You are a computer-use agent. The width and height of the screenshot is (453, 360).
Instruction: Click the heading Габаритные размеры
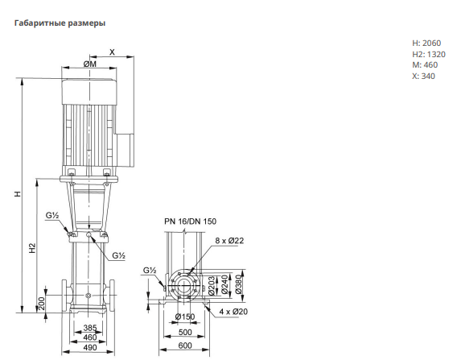pos(60,23)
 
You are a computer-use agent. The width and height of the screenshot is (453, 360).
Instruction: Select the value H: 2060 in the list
pos(426,43)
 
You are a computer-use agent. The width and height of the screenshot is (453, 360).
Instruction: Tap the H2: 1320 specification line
pos(429,54)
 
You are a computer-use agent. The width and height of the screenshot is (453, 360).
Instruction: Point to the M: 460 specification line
pos(425,64)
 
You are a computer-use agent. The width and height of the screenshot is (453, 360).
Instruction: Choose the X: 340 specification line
pos(423,76)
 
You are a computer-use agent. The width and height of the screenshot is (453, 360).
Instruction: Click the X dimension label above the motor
pos(112,52)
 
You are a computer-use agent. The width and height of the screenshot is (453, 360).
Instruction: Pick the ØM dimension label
pos(90,64)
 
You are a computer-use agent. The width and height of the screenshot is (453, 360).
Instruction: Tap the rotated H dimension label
pos(18,194)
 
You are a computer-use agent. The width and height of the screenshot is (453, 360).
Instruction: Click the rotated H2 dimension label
pos(32,248)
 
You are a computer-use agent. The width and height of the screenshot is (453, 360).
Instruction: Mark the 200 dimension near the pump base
pos(42,304)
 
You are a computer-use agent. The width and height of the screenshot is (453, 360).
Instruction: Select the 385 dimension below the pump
pos(90,328)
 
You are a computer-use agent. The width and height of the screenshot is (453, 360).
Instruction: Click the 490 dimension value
pos(90,347)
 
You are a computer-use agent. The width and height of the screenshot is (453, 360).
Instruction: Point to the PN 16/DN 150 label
pos(191,221)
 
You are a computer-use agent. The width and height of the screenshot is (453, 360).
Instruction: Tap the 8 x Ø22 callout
pos(229,241)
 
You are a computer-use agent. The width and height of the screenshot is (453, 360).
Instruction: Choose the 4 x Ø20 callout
pos(233,312)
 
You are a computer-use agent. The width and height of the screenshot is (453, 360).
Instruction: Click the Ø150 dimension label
pos(185,317)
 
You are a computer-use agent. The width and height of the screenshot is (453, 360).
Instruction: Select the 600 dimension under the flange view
pos(185,346)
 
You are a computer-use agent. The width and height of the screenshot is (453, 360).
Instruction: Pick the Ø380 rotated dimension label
pos(238,284)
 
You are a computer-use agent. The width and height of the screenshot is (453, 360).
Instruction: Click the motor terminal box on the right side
pos(125,151)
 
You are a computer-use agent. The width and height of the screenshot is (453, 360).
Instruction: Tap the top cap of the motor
pos(89,91)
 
